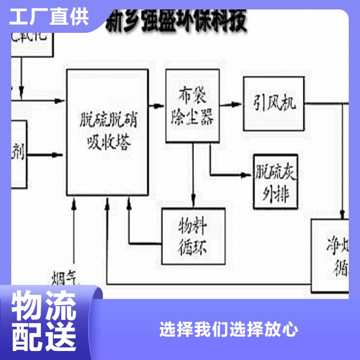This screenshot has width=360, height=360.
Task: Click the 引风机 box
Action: (273, 103)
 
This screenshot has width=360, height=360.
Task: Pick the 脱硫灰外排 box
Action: (275, 182)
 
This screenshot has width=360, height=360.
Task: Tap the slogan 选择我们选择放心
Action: (229, 329)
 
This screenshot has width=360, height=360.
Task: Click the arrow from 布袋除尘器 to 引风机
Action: (232, 104)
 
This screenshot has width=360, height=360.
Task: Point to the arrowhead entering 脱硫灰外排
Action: (248, 174)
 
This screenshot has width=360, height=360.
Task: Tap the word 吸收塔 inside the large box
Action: (108, 143)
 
